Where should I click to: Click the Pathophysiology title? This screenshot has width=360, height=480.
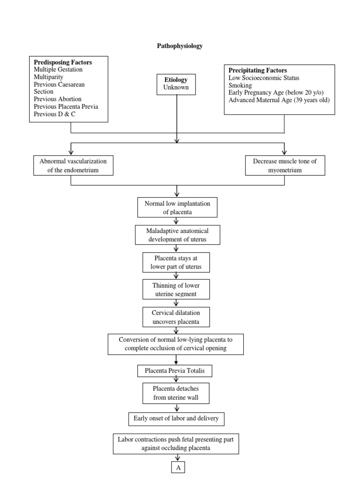point(180,46)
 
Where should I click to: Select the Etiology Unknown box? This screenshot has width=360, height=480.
point(176,84)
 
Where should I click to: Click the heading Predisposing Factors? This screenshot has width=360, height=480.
point(63,62)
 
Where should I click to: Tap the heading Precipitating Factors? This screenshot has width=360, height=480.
point(257,70)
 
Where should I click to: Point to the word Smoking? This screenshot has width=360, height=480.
point(240,85)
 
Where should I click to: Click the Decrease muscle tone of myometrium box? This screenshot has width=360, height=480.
point(285,165)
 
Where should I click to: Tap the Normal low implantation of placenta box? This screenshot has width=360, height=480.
point(177,207)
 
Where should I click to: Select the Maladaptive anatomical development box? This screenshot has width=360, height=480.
point(177,235)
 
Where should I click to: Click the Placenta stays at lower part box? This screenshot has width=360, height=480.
point(176,262)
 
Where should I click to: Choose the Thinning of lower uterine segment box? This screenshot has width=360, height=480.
point(176,289)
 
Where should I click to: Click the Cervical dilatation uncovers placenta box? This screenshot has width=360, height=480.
point(176,317)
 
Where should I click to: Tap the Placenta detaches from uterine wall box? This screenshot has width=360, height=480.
point(176,393)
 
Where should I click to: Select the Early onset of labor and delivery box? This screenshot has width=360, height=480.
point(176,419)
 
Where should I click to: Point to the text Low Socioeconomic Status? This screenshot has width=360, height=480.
point(264,78)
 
